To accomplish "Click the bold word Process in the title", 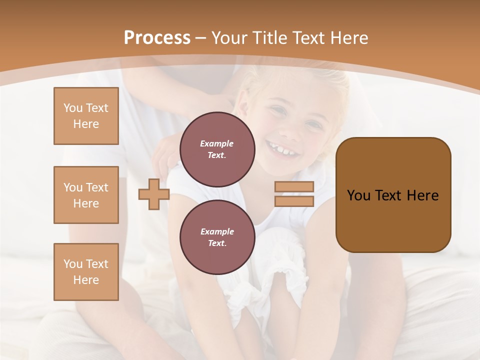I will [x=157, y=38].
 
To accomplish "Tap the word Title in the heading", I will [x=271, y=38].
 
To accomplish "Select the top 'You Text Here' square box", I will [x=86, y=116].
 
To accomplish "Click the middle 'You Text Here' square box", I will [x=86, y=195].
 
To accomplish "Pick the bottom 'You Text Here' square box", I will [x=86, y=272].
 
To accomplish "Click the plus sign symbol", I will [x=154, y=194].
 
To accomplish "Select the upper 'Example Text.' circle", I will [x=217, y=149].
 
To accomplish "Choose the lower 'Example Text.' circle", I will [x=217, y=237].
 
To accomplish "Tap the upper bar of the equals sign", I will [x=294, y=186].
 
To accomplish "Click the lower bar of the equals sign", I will [x=294, y=201].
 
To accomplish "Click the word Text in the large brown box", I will [x=389, y=195].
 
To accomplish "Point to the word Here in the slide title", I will [x=349, y=38].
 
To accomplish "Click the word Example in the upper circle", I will [x=217, y=143].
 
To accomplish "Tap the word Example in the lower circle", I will [x=217, y=231].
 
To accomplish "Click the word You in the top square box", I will [x=72, y=108].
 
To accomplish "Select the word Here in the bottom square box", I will [x=86, y=280].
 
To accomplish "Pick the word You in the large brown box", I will [x=358, y=195].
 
